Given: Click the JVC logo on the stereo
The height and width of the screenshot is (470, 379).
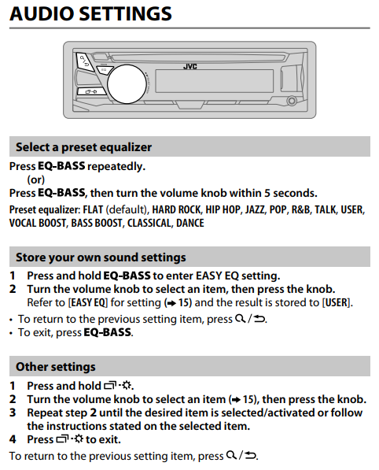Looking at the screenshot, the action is click(189, 66).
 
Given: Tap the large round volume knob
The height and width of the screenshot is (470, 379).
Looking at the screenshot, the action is click(126, 84).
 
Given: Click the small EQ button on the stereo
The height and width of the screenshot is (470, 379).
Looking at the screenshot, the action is click(104, 70).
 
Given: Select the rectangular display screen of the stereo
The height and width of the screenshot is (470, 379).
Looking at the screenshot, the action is click(214, 81).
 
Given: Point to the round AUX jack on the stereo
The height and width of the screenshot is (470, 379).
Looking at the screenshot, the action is click(292, 101).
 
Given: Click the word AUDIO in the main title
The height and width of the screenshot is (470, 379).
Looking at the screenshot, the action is click(42, 14).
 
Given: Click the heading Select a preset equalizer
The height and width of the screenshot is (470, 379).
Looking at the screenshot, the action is click(84, 147).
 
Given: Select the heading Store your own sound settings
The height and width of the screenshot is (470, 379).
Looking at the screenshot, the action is click(101, 257).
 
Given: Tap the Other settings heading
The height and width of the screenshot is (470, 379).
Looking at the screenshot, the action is click(56, 367).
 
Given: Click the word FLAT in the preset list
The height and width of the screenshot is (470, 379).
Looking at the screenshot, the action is click(93, 209).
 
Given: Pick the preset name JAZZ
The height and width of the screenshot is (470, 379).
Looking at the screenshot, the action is click(255, 209).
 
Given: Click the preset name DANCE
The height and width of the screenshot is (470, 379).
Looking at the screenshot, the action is click(190, 223).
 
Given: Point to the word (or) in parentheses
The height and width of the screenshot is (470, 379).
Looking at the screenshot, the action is click(36, 179).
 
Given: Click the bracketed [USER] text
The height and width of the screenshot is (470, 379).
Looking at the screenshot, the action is click(337, 302).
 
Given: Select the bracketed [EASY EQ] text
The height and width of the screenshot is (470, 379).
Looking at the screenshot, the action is click(88, 302).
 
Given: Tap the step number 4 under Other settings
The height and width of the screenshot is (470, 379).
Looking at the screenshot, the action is click(13, 439).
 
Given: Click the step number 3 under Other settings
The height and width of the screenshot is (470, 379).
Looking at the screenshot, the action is click(13, 413).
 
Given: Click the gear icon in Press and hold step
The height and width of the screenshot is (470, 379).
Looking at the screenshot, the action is click(127, 385).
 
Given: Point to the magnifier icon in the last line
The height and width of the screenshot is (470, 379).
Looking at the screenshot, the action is click(231, 455).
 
